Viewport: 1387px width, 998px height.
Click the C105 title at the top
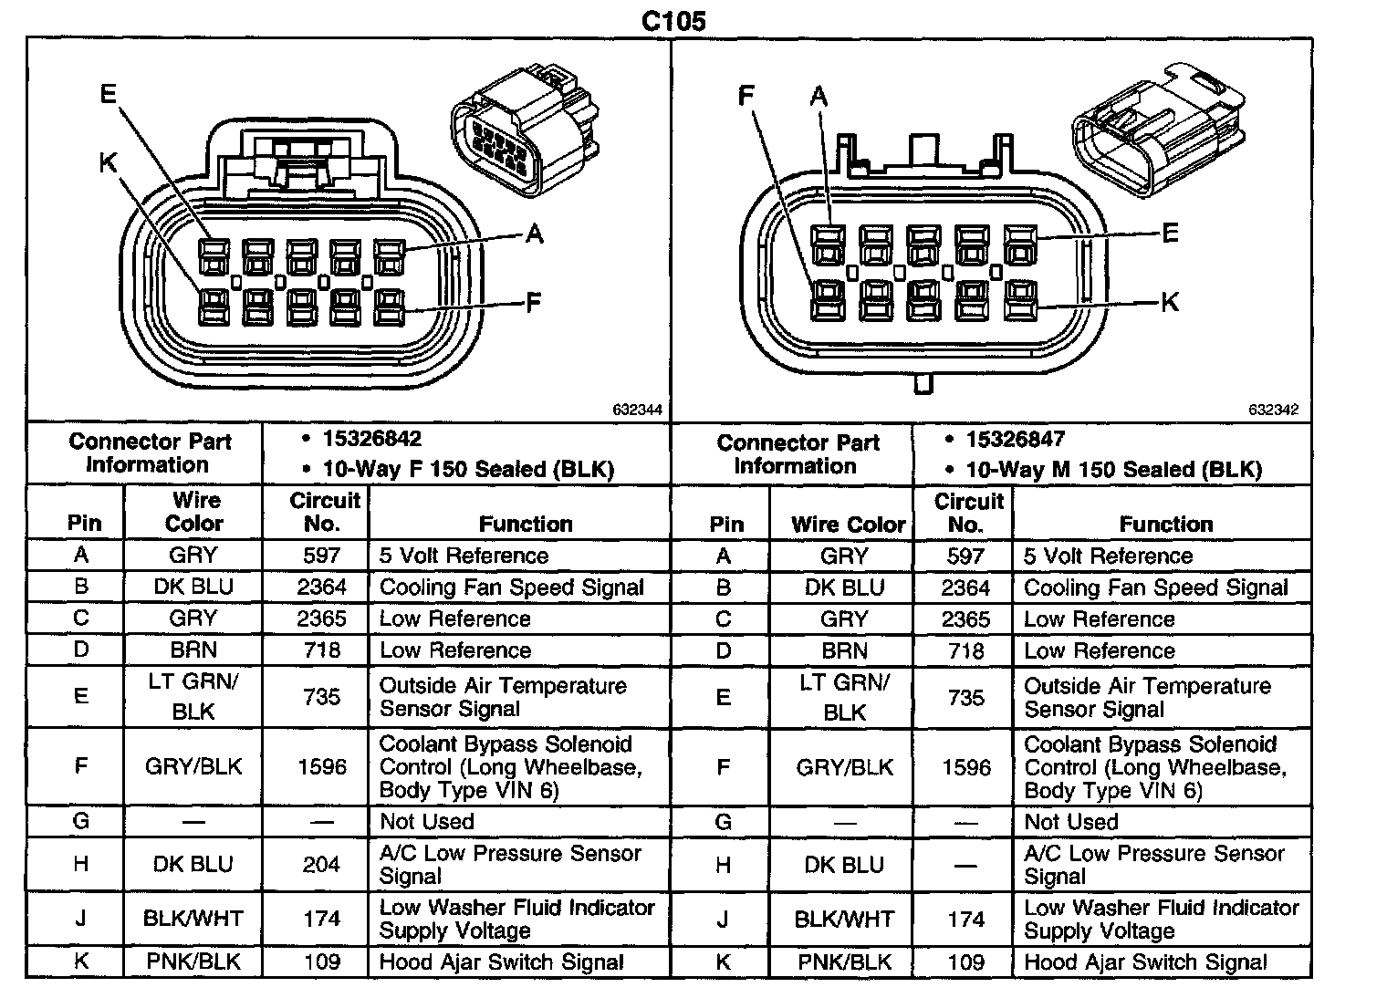click(673, 21)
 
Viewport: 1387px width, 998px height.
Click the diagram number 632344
click(637, 411)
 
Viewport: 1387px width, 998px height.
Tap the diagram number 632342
click(1273, 411)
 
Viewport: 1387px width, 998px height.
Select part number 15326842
click(372, 439)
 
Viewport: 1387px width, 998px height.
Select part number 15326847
click(1015, 439)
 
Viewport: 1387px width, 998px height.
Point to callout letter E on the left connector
click(109, 93)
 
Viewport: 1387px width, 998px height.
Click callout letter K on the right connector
click(1170, 302)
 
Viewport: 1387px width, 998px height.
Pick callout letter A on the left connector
click(535, 234)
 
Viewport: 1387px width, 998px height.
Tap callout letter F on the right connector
click(747, 95)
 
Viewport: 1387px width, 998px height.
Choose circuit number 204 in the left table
click(321, 864)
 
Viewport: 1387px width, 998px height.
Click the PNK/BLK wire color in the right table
click(844, 962)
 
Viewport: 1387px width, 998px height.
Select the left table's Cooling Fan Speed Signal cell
click(511, 587)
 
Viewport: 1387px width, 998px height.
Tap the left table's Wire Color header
click(194, 512)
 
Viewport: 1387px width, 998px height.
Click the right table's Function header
click(1166, 524)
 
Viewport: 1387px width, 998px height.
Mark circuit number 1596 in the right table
click(965, 767)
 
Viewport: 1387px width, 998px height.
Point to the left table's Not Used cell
click(427, 821)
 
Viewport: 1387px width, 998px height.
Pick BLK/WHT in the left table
click(193, 919)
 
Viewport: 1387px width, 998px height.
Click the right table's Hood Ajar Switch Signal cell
click(1145, 962)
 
